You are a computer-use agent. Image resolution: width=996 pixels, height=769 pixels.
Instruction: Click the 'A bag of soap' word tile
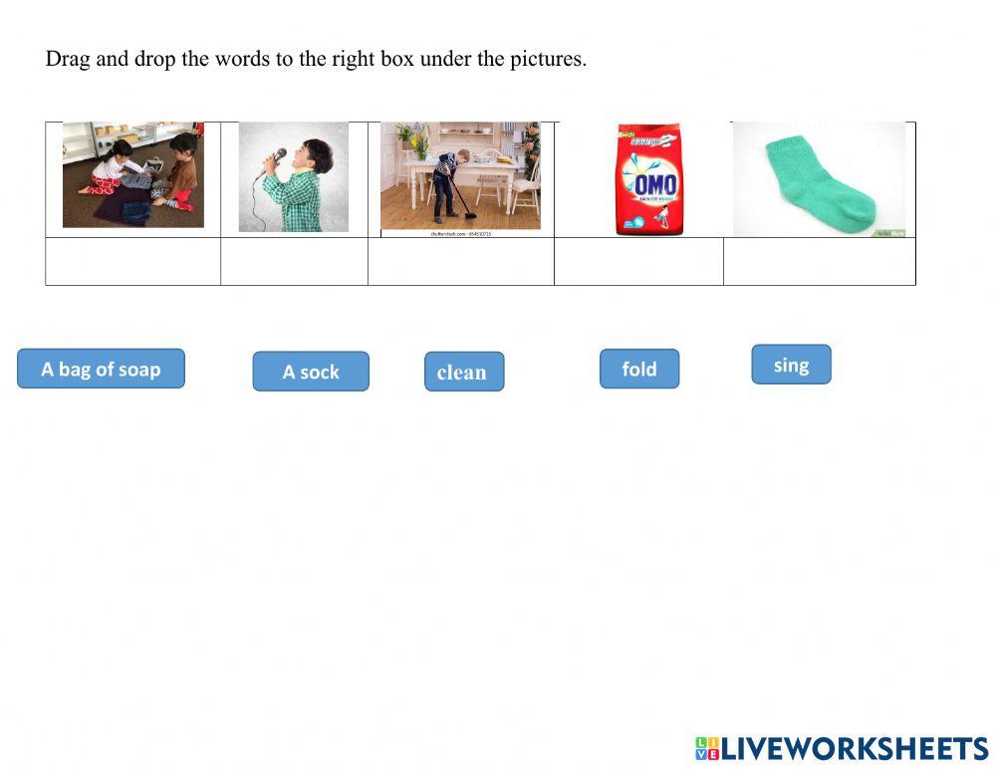click(x=101, y=369)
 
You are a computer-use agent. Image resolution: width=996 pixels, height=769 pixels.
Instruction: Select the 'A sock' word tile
click(x=311, y=372)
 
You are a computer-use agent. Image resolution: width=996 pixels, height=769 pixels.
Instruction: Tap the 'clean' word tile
click(x=464, y=372)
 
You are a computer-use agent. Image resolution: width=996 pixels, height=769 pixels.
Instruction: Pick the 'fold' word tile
click(x=639, y=369)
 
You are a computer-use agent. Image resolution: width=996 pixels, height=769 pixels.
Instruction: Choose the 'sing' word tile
click(x=791, y=365)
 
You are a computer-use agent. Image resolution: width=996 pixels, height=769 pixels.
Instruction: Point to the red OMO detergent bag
click(x=649, y=179)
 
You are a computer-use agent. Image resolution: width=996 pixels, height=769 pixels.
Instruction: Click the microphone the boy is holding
click(x=275, y=159)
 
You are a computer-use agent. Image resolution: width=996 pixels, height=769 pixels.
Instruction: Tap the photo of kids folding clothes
click(x=133, y=175)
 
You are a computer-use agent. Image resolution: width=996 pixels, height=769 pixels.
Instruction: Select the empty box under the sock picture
click(x=819, y=262)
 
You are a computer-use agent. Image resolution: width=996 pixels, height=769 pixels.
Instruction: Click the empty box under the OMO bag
click(x=638, y=262)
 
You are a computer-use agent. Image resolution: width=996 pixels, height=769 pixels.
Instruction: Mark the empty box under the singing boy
click(x=294, y=262)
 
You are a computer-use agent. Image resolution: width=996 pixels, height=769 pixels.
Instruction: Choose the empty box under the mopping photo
click(x=461, y=262)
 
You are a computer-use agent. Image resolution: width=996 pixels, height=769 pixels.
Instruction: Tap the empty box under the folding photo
click(x=133, y=262)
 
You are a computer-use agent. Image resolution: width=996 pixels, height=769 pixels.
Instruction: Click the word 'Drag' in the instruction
click(x=68, y=59)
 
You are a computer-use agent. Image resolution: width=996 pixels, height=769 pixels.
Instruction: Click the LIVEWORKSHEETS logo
click(x=842, y=749)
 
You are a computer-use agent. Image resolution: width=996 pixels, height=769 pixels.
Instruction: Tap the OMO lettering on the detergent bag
click(x=653, y=185)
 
